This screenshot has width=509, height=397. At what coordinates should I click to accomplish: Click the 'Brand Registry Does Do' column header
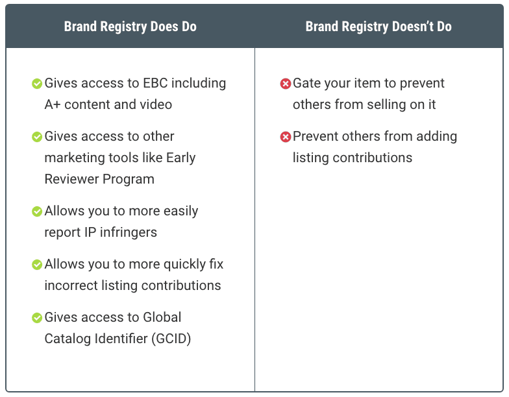click(x=130, y=27)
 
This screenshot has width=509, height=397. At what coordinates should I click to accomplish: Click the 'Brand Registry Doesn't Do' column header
click(x=379, y=27)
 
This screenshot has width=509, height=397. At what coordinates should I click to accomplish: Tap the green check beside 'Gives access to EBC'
click(x=37, y=84)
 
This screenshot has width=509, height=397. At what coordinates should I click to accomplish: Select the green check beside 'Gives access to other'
click(x=37, y=137)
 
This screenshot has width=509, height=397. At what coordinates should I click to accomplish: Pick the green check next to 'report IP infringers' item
click(x=37, y=211)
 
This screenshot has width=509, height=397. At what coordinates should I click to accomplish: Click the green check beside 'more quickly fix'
click(x=37, y=265)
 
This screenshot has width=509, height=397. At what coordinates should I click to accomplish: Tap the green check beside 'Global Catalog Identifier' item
click(x=37, y=318)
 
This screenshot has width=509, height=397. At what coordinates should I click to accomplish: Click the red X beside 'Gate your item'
click(x=285, y=84)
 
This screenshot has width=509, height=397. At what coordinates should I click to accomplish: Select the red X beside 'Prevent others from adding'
click(x=285, y=137)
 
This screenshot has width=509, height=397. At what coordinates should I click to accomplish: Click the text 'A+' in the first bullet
click(x=53, y=104)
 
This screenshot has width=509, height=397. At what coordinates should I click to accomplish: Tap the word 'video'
click(x=156, y=104)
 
